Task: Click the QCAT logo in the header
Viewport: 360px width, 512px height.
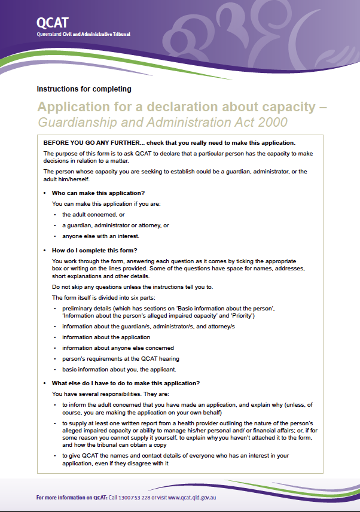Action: tap(52, 23)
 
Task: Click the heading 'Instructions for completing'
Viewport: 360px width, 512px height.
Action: tap(84, 89)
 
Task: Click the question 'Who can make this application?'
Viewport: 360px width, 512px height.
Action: tap(98, 193)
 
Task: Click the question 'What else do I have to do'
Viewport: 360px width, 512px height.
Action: tap(126, 383)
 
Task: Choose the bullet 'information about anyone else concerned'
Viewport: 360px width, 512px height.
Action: tap(118, 348)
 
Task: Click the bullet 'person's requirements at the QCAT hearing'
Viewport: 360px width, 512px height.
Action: tap(121, 359)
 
